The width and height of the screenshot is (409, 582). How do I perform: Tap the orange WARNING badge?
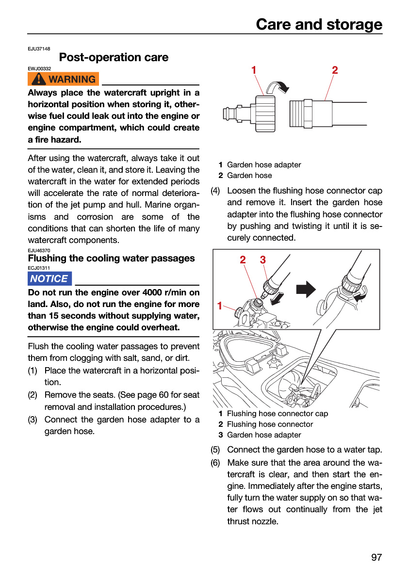(x=63, y=79)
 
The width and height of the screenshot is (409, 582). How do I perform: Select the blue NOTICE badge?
(x=49, y=278)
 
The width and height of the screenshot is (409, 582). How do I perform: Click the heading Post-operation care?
(x=114, y=57)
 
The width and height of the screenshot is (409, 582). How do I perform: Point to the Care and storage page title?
(x=319, y=24)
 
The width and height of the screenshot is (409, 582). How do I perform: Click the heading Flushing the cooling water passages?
(x=111, y=258)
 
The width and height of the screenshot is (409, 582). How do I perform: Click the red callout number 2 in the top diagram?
(x=335, y=70)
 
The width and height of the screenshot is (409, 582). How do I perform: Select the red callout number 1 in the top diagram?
(x=254, y=70)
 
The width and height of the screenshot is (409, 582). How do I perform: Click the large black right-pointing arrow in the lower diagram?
(x=306, y=289)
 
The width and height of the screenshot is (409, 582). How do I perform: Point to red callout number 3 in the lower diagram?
(x=262, y=260)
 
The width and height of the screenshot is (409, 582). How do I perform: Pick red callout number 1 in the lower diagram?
(x=220, y=306)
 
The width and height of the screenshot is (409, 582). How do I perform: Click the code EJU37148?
(x=39, y=49)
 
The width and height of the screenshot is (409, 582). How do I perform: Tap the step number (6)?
(x=215, y=463)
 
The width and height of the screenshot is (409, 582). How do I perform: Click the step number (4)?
(x=215, y=191)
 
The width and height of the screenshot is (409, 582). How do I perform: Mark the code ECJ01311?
(x=39, y=268)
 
